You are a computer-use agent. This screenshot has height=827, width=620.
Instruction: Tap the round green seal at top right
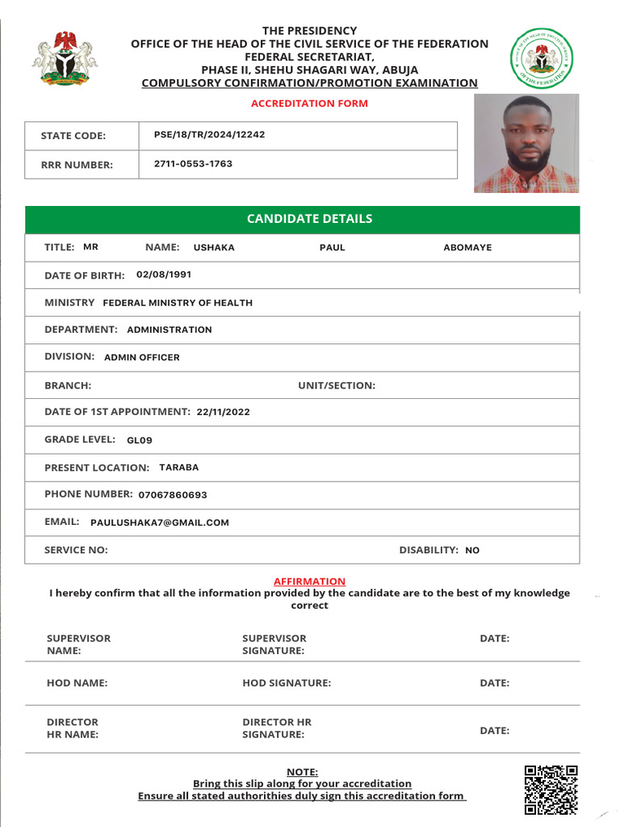(x=542, y=58)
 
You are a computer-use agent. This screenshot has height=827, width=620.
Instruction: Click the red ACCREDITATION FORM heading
(x=309, y=103)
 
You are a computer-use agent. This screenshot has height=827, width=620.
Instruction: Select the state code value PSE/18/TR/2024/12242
(x=209, y=135)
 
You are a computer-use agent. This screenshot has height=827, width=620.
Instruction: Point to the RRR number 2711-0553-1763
(x=193, y=164)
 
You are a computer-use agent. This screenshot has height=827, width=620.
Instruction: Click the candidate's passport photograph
(x=526, y=143)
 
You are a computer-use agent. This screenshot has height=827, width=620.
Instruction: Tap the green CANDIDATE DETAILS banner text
(x=309, y=219)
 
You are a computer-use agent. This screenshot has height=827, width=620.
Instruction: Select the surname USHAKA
(x=214, y=248)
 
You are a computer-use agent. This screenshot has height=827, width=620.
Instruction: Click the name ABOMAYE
(x=467, y=248)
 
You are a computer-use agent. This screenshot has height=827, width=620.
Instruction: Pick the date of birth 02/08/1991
(x=164, y=275)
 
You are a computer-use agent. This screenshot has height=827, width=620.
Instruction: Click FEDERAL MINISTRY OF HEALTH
(x=178, y=303)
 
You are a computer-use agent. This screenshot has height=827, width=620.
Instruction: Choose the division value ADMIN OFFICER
(x=142, y=357)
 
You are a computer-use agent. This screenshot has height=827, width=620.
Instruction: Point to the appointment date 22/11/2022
(x=224, y=412)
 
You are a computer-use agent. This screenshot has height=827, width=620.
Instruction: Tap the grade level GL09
(x=140, y=440)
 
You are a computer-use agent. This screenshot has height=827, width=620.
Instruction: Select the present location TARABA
(x=178, y=468)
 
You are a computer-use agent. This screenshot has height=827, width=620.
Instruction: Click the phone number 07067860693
(x=173, y=494)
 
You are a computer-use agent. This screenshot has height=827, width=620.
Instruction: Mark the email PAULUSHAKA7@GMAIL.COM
(x=160, y=523)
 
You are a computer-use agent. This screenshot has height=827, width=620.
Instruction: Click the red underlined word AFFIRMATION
(x=309, y=581)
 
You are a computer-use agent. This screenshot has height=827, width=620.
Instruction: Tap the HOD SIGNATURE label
(x=287, y=683)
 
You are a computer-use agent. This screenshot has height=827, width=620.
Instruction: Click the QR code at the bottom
(x=551, y=789)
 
